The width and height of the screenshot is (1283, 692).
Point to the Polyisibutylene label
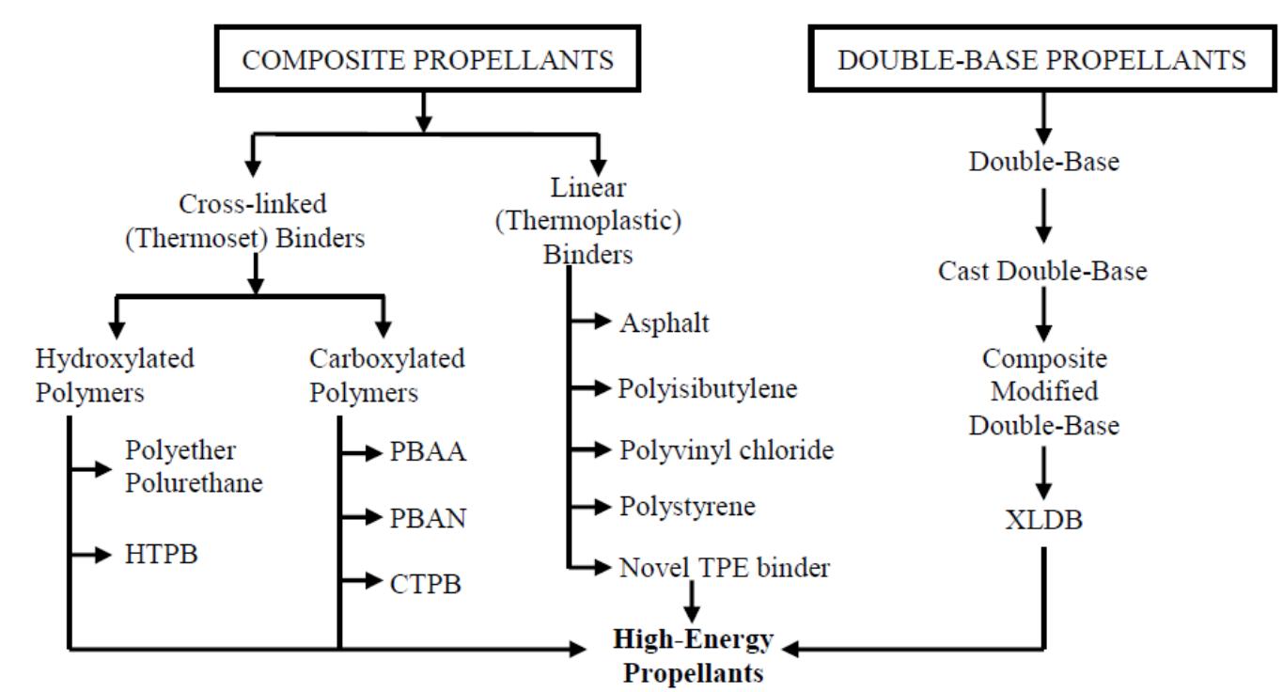click(x=708, y=388)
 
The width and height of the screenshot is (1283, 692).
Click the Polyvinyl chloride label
click(x=726, y=449)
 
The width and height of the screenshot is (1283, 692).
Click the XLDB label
click(x=1042, y=519)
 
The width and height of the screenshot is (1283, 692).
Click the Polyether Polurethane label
click(x=192, y=467)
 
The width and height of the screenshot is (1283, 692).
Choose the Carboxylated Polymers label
click(x=386, y=376)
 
